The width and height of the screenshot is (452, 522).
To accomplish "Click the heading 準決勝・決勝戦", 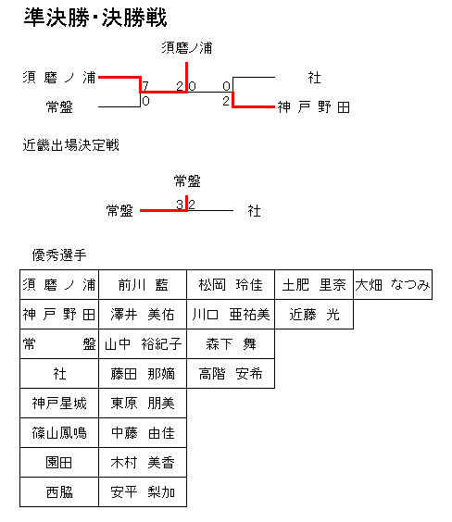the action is click(95, 18).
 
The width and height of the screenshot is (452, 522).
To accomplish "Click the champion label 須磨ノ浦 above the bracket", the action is click(187, 48).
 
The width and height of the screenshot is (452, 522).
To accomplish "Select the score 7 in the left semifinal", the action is click(145, 86).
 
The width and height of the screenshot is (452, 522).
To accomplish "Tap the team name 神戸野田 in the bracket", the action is click(313, 107).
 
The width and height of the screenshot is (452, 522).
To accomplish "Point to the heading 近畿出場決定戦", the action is click(70, 145).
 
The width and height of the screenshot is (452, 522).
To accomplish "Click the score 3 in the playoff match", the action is click(180, 205).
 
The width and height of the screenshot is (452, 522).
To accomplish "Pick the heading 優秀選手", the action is click(59, 255).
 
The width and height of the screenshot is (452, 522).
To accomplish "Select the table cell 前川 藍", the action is click(143, 285).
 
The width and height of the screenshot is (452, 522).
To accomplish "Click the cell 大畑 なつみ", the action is click(393, 285).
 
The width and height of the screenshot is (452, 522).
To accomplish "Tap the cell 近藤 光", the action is click(314, 315).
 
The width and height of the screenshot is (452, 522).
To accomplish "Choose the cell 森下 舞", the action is click(231, 344).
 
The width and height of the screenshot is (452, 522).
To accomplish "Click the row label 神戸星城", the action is click(59, 404).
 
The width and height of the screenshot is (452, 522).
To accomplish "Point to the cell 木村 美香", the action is click(143, 463).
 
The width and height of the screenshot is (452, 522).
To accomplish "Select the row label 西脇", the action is click(59, 492).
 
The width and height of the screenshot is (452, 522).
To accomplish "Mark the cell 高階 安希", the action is click(231, 374).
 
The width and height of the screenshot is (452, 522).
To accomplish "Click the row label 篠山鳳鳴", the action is click(59, 433).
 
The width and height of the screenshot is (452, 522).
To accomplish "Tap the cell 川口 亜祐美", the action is click(231, 315).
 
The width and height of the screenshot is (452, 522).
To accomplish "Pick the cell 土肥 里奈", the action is click(314, 285).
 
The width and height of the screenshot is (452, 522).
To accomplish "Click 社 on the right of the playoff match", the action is click(254, 211).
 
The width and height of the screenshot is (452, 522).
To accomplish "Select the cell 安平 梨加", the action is click(143, 492).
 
